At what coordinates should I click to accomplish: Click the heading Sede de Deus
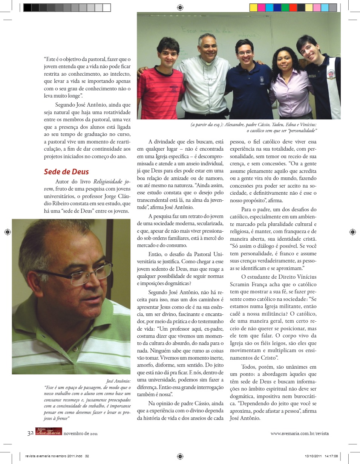point(66,172)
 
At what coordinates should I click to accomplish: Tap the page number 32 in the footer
point(30,433)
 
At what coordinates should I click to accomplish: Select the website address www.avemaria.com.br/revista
point(299,433)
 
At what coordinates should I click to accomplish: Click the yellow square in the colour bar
point(253,8)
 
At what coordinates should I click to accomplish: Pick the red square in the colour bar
point(293,8)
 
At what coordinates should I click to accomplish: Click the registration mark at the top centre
point(180,7)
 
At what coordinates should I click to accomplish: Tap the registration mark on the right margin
point(352,232)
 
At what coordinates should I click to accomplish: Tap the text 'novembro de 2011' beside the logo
point(80,433)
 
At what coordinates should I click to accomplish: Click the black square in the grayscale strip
point(27,8)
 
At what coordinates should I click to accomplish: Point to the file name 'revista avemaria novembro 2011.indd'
point(54,456)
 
